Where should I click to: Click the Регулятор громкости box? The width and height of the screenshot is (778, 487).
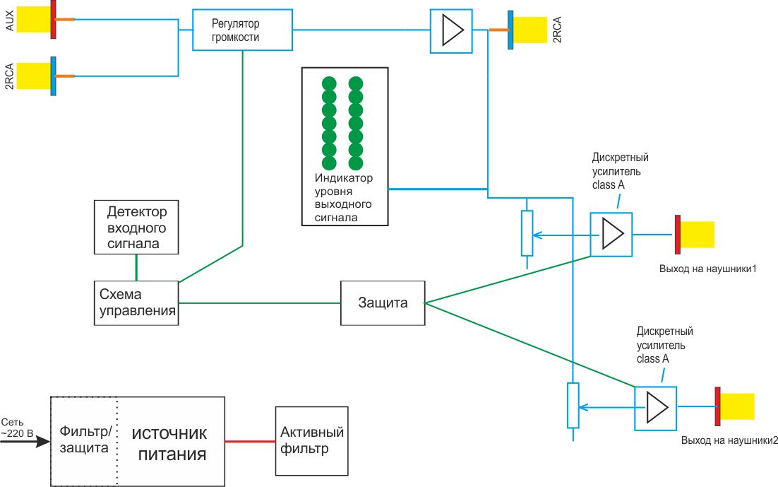tap(242, 30)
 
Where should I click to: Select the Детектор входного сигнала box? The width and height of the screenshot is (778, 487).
tap(136, 227)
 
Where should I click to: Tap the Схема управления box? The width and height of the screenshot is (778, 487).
tap(136, 303)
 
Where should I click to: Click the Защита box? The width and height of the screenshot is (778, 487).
tap(383, 303)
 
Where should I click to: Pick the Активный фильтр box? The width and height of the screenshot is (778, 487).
tap(311, 440)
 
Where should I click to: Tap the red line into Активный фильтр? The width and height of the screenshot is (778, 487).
tap(250, 441)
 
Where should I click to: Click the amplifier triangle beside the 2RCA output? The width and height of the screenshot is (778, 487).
tap(451, 30)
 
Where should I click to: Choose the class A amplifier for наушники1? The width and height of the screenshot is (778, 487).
tap(611, 233)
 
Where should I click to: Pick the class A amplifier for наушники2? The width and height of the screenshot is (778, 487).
tap(655, 407)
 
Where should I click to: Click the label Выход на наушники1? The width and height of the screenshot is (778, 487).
tap(708, 269)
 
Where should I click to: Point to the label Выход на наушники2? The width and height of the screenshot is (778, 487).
tap(729, 440)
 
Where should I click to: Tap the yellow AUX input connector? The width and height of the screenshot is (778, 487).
tap(32, 19)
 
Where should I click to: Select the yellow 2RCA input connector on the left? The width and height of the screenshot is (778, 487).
tap(32, 76)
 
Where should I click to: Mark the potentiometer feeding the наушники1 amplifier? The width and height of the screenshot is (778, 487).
tap(527, 233)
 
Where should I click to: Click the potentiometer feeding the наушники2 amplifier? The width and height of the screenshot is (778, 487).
tap(573, 405)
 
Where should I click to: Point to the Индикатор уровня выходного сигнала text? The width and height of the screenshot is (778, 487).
tap(344, 198)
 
